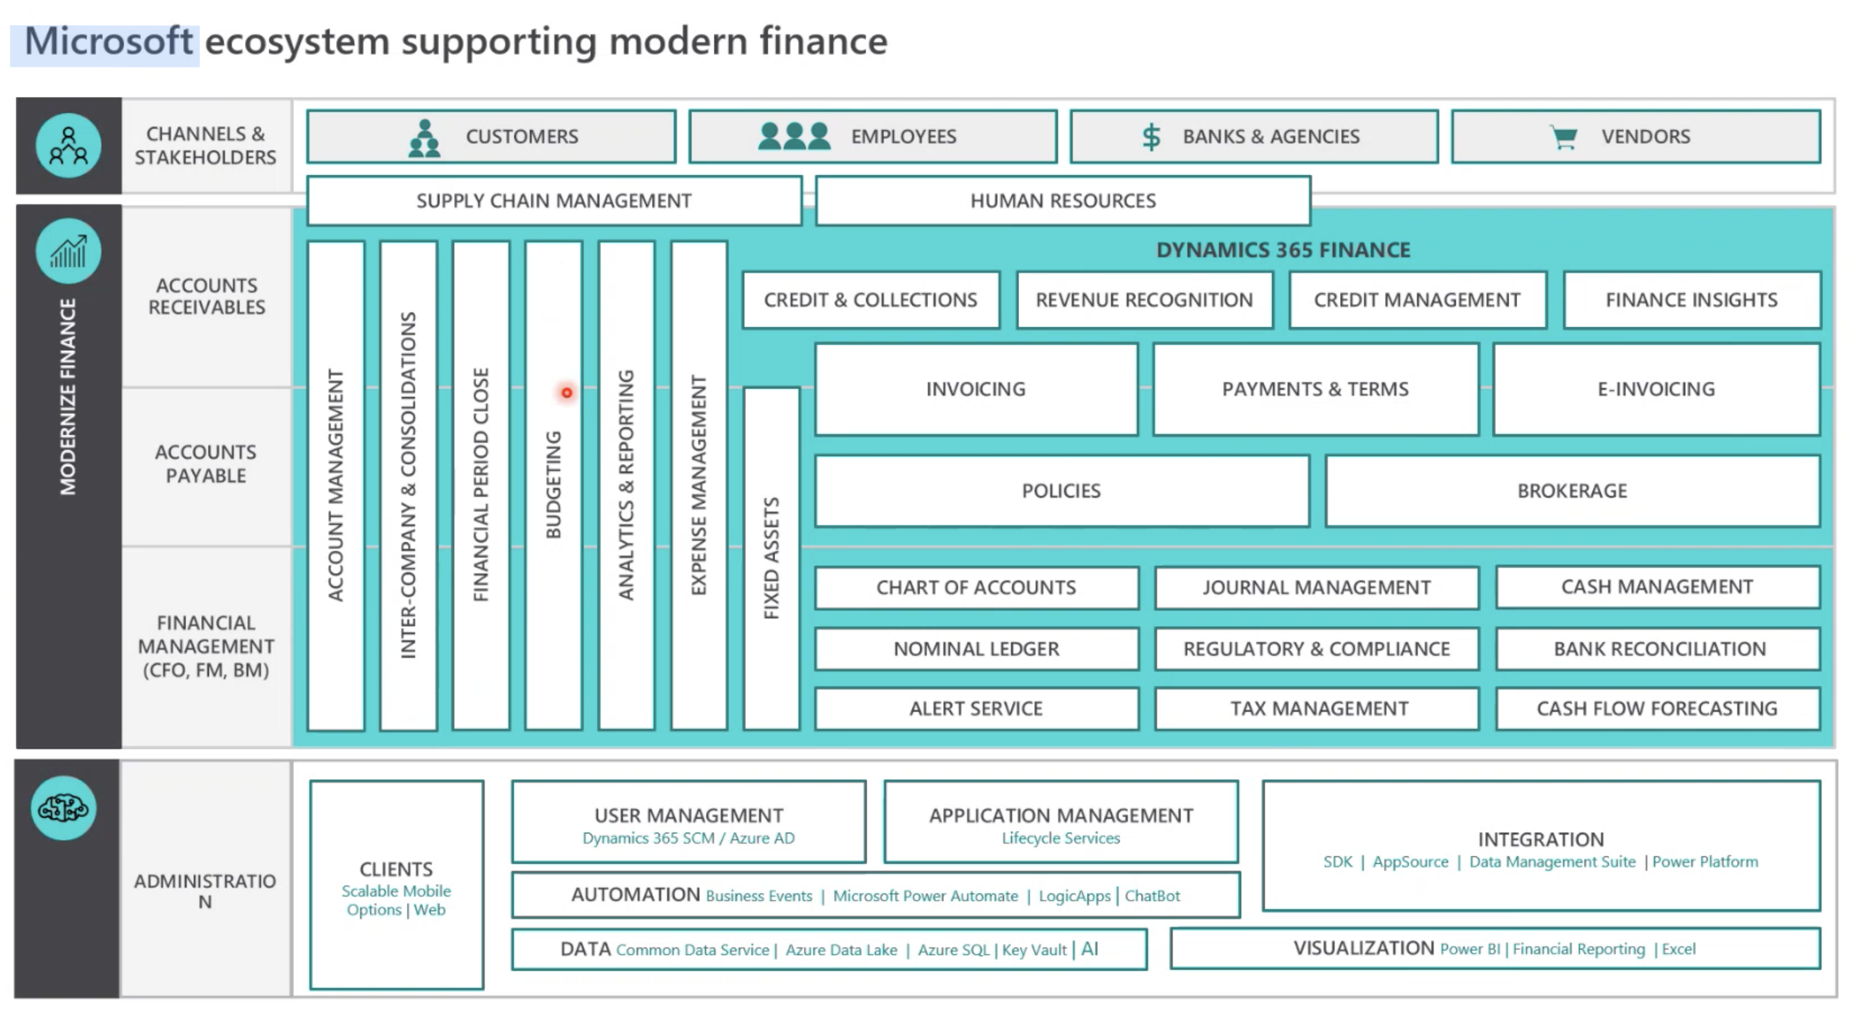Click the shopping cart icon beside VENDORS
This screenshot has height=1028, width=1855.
(1563, 136)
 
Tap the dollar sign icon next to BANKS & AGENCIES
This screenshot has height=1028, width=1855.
(1151, 136)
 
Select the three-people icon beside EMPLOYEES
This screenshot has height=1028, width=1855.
(794, 136)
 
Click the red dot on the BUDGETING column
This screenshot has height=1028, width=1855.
(567, 393)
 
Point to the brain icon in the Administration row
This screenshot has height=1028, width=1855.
(63, 808)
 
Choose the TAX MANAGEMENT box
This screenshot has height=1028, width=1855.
(1318, 709)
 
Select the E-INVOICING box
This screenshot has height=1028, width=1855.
(1656, 389)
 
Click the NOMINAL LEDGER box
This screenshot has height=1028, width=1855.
(976, 649)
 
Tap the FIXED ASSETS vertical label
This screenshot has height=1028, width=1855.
(772, 559)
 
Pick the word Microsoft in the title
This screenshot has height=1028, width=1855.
(108, 42)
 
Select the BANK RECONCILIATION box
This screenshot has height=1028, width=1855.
(1659, 649)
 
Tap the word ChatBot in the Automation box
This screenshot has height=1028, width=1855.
(1152, 896)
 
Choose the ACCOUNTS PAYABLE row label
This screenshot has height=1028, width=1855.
(206, 464)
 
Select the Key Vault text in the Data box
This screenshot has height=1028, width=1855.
(1034, 950)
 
